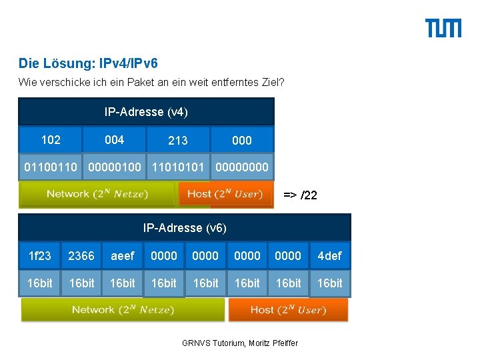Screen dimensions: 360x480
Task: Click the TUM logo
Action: coord(443,29)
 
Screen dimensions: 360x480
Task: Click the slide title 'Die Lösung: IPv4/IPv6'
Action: coord(88,64)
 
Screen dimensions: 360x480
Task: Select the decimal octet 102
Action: coord(51,139)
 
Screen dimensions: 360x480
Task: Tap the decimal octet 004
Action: coord(114,139)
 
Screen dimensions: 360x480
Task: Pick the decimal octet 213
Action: coord(178,140)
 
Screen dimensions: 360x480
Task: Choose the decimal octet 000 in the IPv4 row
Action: coord(242,140)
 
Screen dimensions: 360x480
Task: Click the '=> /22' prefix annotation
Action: coord(300,195)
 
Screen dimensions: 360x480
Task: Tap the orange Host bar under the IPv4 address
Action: coord(225,194)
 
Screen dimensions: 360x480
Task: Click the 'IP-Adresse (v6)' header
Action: coord(185,228)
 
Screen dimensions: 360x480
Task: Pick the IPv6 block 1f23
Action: coord(39,255)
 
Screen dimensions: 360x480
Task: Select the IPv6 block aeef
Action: coord(123,255)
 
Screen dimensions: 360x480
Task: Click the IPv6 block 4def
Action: coord(330,255)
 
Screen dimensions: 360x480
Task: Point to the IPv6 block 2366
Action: coord(81,255)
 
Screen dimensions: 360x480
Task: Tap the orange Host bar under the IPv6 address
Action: coord(288,309)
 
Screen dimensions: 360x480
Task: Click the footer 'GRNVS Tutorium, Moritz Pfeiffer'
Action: coord(240,343)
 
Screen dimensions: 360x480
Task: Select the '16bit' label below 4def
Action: coord(330,283)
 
